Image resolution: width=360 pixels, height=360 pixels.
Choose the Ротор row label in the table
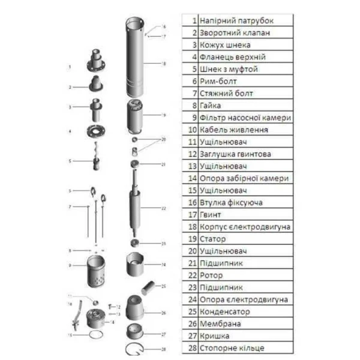[x=213, y=275]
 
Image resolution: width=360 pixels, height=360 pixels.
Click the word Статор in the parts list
[x=215, y=239]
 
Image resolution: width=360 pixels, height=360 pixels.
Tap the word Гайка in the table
[x=212, y=105]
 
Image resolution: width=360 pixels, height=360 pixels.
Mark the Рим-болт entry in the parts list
[x=217, y=81]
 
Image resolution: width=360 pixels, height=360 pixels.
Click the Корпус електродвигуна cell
[x=245, y=226]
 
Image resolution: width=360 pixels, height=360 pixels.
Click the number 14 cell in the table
[x=192, y=178]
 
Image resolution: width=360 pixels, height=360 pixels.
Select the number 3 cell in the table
[x=194, y=44]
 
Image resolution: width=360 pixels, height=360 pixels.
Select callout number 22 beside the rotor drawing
[x=164, y=208]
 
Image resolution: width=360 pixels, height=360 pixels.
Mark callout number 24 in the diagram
[x=164, y=264]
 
